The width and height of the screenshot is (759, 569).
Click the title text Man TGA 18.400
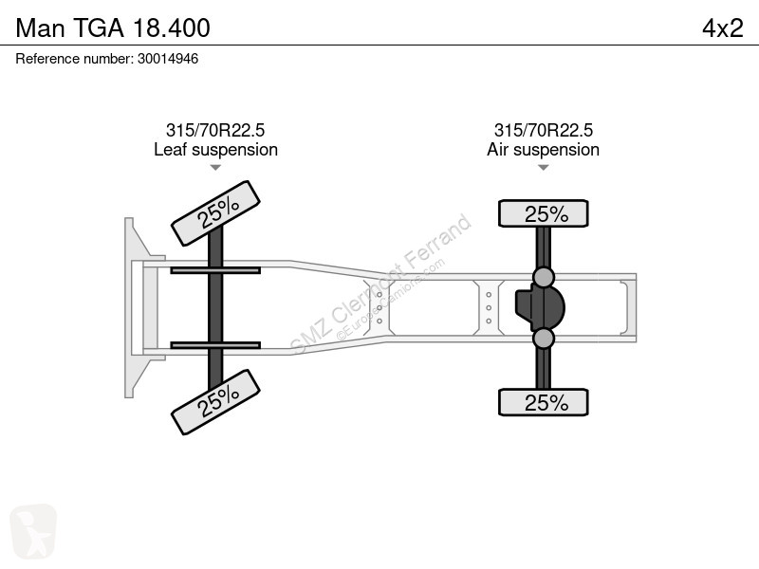point(113,28)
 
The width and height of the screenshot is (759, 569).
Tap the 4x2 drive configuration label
point(723,28)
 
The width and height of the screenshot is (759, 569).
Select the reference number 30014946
point(168,59)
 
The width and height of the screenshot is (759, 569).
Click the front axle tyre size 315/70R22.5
point(215,130)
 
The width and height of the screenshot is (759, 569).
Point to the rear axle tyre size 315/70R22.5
point(543,130)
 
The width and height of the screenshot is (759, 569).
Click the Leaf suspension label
point(216,150)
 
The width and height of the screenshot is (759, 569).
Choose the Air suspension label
point(543,150)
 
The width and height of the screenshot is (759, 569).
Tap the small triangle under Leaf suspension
point(215,168)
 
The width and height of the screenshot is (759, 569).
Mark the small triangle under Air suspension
point(543,168)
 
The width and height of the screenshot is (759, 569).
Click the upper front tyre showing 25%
point(216,213)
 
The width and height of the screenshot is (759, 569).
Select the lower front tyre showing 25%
point(216,402)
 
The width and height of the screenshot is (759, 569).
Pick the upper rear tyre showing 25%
point(543,213)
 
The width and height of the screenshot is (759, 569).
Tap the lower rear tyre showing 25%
point(543,402)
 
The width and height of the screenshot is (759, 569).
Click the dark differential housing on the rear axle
point(540,307)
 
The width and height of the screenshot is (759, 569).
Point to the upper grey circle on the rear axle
point(543,277)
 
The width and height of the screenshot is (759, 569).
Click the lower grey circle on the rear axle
point(543,339)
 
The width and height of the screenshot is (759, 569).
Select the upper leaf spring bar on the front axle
point(215,270)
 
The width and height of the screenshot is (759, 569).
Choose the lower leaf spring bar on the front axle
point(215,345)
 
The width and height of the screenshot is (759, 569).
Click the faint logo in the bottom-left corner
point(33,531)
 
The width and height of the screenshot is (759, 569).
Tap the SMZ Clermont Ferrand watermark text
point(381,284)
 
